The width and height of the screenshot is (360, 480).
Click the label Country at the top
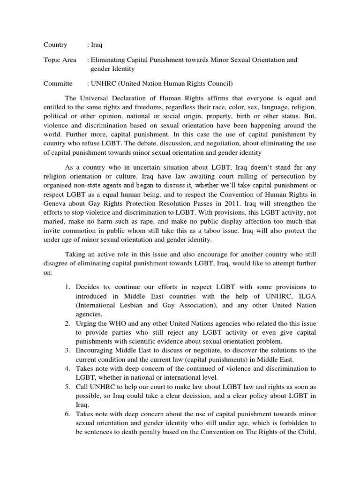(x=55, y=45)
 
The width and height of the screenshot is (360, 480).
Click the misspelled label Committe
(x=58, y=83)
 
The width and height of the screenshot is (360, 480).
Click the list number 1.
(x=67, y=287)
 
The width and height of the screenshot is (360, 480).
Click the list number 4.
(x=67, y=368)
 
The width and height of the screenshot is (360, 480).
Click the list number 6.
(x=67, y=414)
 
